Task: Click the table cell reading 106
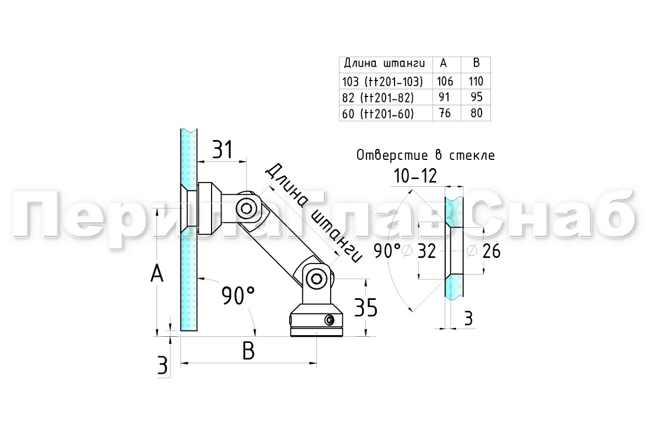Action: click(x=445, y=81)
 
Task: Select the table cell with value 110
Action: click(x=476, y=81)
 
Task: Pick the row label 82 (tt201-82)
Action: click(x=378, y=98)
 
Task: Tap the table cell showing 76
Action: click(x=445, y=113)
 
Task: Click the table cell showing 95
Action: click(x=477, y=97)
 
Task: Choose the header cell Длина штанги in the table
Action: click(x=385, y=63)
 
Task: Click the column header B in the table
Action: click(x=476, y=63)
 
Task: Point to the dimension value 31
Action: click(x=223, y=149)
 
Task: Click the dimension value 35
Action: click(x=366, y=308)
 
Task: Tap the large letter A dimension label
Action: click(x=156, y=273)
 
